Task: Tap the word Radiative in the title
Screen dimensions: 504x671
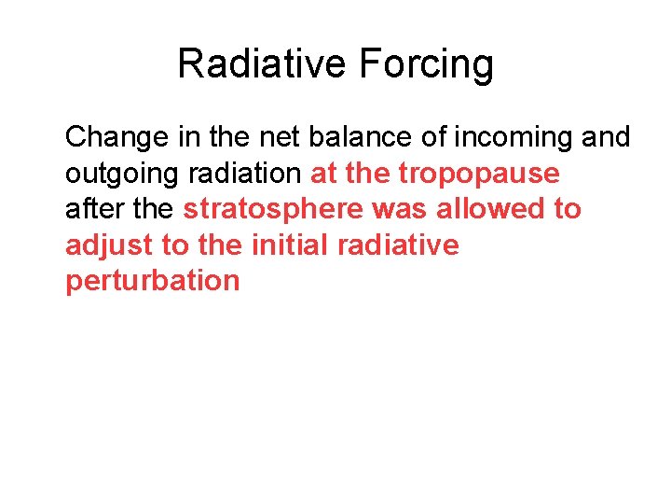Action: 260,64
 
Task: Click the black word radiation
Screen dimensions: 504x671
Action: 245,174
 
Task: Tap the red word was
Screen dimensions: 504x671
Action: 398,209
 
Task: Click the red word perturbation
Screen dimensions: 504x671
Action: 152,281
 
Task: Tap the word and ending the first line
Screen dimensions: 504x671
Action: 607,137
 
